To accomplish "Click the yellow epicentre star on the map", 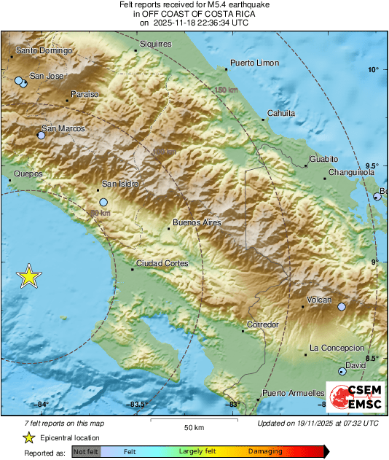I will tap(29, 277).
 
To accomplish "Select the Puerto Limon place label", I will tap(254, 63).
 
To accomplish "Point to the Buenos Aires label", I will tap(196, 222).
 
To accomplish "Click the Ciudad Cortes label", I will tap(162, 264).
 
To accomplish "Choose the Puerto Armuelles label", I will tap(293, 393).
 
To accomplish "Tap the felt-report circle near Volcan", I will tap(342, 308).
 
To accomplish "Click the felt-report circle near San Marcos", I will tap(42, 136).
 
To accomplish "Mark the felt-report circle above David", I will tap(342, 372).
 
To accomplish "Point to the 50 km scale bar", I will tap(192, 421).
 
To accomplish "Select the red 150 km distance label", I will tap(227, 90).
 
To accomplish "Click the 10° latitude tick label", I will tap(373, 70).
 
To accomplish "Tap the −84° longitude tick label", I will tap(42, 405).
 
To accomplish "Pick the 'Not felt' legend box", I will tap(87, 452).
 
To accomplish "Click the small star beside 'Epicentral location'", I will tap(28, 437).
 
